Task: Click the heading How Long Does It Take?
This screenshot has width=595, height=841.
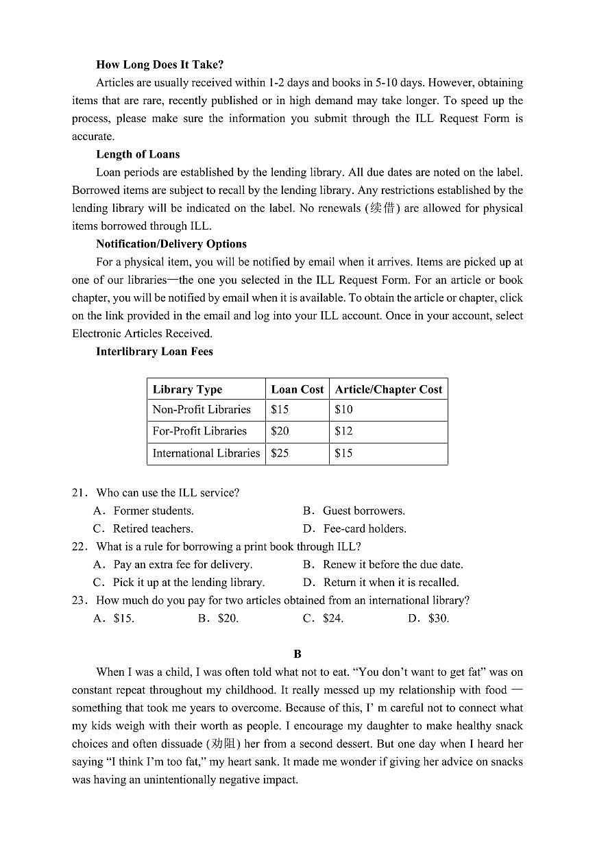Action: tap(160, 64)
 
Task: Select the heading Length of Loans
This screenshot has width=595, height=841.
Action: tap(138, 154)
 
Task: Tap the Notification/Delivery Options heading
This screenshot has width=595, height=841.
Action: tap(171, 244)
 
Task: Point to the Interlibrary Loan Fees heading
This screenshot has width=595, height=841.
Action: tap(154, 352)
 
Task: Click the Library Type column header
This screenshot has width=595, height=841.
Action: tap(187, 389)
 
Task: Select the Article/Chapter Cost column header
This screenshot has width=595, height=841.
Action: tap(388, 389)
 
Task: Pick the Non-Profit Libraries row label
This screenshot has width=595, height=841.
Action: tap(202, 410)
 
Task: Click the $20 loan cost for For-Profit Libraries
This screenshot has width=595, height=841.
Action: tap(280, 431)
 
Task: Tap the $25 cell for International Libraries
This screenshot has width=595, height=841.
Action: tap(280, 453)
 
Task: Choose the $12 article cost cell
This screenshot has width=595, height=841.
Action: tap(343, 431)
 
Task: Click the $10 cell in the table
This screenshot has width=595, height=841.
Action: tap(343, 410)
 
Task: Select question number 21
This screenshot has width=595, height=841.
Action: tap(80, 493)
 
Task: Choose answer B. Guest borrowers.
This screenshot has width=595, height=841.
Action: tap(355, 511)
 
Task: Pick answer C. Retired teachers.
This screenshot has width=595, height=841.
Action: tap(144, 529)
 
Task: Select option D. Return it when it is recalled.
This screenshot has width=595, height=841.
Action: tap(382, 583)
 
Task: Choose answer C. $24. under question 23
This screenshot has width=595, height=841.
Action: tap(324, 618)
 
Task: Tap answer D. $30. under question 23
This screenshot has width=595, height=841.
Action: tap(429, 618)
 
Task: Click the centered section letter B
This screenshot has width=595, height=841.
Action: tap(297, 654)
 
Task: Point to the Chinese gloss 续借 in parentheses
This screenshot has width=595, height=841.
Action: tap(382, 208)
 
